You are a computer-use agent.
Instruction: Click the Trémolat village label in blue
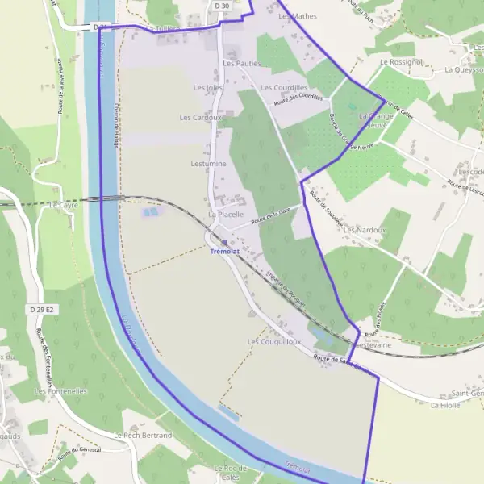pyautogui.click(x=223, y=252)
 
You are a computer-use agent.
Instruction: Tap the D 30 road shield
pyautogui.click(x=222, y=6)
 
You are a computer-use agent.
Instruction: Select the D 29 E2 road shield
pyautogui.click(x=41, y=310)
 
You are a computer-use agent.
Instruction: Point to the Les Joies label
pyautogui.click(x=207, y=87)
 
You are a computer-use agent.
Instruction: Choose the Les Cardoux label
pyautogui.click(x=199, y=117)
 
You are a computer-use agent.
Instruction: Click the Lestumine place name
pyautogui.click(x=208, y=164)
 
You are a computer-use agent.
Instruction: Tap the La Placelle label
pyautogui.click(x=226, y=215)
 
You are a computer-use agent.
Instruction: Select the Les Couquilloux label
pyautogui.click(x=273, y=342)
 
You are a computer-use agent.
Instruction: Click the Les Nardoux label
pyautogui.click(x=365, y=230)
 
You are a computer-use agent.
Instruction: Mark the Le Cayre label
pyautogui.click(x=61, y=205)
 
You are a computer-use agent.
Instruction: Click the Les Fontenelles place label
pyautogui.click(x=60, y=391)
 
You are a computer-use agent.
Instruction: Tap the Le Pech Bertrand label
pyautogui.click(x=143, y=436)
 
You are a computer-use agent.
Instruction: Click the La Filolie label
pyautogui.click(x=445, y=406)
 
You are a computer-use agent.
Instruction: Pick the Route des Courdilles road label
pyautogui.click(x=298, y=99)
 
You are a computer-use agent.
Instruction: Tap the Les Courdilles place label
pyautogui.click(x=283, y=87)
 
